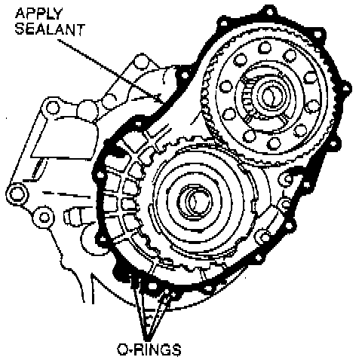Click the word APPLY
[x=38, y=14]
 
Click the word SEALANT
[x=50, y=29]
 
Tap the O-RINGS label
[x=149, y=349]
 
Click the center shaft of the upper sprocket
[x=270, y=96]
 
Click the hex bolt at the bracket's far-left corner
[x=17, y=194]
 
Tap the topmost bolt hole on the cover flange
[x=269, y=11]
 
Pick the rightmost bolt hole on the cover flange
[x=346, y=88]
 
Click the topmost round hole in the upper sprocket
[x=265, y=47]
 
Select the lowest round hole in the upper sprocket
[x=274, y=144]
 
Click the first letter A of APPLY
[x=20, y=14]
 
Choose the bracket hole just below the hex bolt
[x=44, y=217]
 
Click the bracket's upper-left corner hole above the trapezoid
[x=52, y=108]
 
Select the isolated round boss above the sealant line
[x=141, y=62]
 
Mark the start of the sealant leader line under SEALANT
[x=58, y=40]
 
